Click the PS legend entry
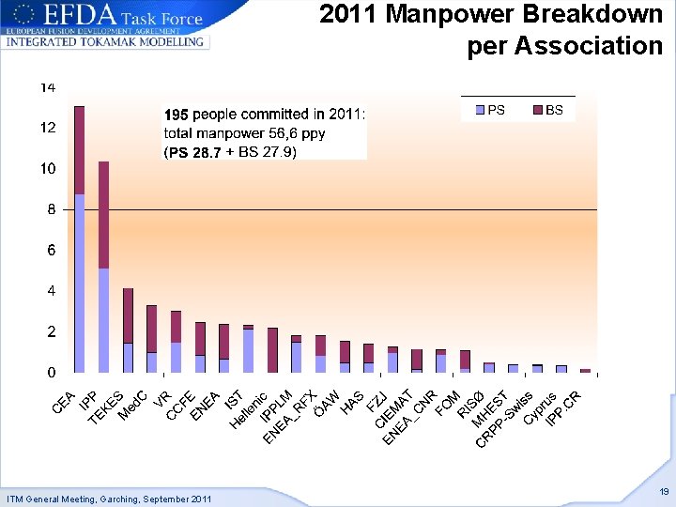coord(490,110)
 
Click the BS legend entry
coord(548,110)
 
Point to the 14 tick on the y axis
coord(48,87)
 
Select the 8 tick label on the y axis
coord(51,209)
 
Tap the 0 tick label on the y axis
coord(51,373)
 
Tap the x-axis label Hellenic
coord(249,409)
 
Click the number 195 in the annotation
coord(177,115)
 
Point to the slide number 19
coord(664,491)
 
